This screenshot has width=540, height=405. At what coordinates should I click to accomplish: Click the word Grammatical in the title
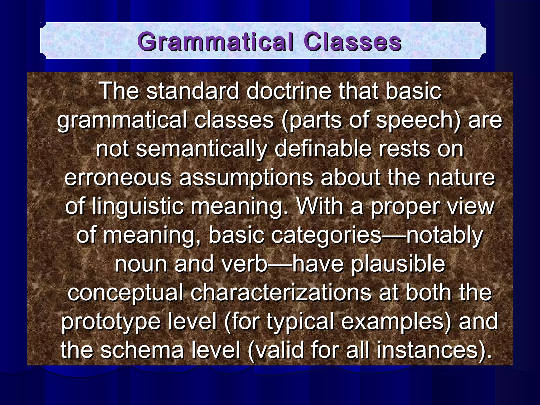click(x=215, y=42)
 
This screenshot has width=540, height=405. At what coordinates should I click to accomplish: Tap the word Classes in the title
click(x=352, y=42)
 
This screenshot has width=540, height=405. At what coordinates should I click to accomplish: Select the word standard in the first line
click(x=192, y=91)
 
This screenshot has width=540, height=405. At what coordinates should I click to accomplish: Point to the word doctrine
click(x=289, y=91)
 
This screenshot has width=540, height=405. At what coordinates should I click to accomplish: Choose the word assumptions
click(x=246, y=178)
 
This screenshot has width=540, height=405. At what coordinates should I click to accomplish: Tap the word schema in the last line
click(x=142, y=351)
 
